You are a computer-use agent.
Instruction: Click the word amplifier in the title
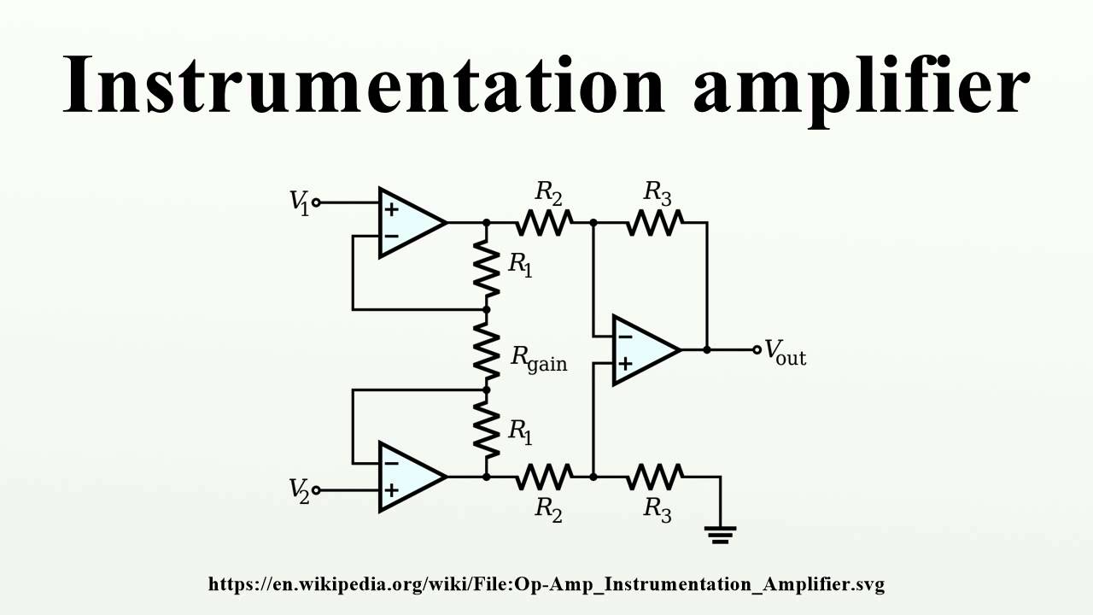pyautogui.click(x=862, y=91)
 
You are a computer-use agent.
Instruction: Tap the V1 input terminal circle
pyautogui.click(x=316, y=202)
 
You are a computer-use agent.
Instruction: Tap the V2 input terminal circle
pyautogui.click(x=316, y=490)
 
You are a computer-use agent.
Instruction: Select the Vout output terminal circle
pyautogui.click(x=757, y=349)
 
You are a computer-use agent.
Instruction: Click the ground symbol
pyautogui.click(x=720, y=535)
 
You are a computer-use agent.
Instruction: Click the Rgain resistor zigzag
pyautogui.click(x=487, y=350)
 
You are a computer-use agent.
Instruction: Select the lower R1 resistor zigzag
pyautogui.click(x=487, y=430)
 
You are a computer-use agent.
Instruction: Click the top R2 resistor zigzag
pyautogui.click(x=544, y=223)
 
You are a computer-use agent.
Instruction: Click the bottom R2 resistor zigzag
pyautogui.click(x=544, y=477)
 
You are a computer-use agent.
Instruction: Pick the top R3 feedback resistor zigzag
pyautogui.click(x=655, y=223)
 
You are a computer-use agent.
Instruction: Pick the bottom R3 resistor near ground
pyautogui.click(x=655, y=477)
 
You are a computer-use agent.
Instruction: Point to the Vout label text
pyautogui.click(x=785, y=353)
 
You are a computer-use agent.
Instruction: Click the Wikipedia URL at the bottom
pyautogui.click(x=546, y=584)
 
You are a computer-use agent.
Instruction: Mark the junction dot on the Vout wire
pyautogui.click(x=707, y=349)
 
